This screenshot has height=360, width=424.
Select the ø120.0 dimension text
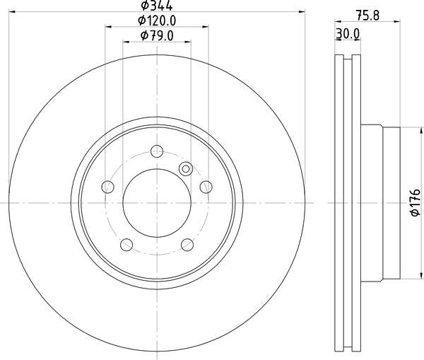click(x=157, y=21)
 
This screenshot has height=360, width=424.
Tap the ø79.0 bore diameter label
click(x=157, y=35)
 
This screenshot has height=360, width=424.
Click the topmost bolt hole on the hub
click(x=157, y=151)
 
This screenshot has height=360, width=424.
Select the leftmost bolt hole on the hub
click(x=108, y=187)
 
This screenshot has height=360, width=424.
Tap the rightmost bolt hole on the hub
click(x=206, y=186)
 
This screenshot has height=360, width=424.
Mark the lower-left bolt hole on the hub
click(x=126, y=244)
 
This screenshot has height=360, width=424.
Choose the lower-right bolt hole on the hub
click(x=187, y=244)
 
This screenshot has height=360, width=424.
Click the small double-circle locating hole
click(x=186, y=168)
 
